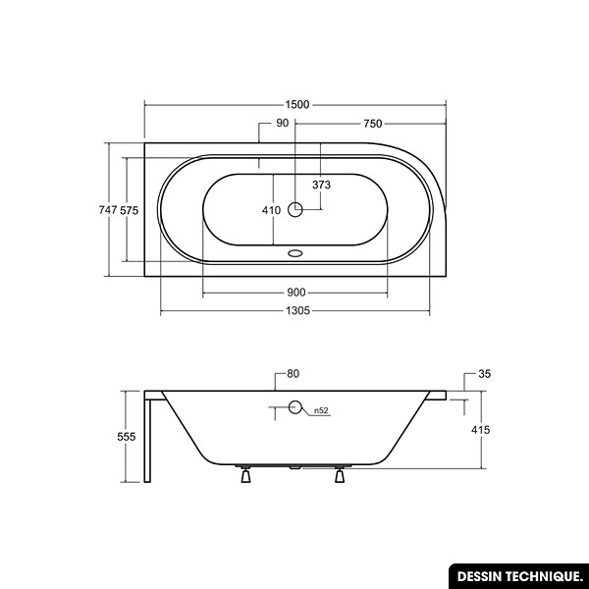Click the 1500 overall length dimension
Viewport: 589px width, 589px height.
296,104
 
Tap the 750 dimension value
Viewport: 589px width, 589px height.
373,124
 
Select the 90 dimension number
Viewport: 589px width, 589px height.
282,123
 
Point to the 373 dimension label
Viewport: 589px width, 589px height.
322,185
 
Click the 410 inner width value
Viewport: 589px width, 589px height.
271,210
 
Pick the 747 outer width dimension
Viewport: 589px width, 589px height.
108,210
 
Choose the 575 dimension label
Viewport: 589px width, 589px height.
130,210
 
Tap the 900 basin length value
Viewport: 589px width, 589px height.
296,293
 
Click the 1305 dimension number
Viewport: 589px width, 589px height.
297,310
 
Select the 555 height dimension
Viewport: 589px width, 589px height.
127,437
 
